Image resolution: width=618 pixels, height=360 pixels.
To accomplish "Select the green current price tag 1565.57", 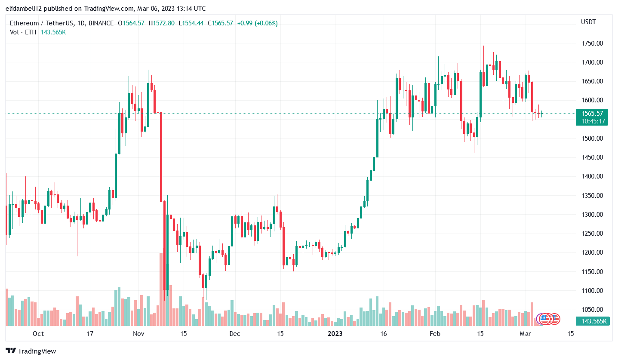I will [x=593, y=114].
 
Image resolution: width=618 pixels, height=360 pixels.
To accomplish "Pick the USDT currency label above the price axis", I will [x=588, y=22].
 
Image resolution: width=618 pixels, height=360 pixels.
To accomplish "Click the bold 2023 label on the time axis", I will [x=335, y=334].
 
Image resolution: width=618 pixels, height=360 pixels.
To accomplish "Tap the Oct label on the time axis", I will [x=38, y=334].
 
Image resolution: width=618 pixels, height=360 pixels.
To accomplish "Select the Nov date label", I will [x=138, y=334].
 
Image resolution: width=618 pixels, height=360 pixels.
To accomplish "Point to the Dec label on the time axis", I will [x=234, y=334].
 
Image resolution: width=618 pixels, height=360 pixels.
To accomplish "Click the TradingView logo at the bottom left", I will [x=31, y=351].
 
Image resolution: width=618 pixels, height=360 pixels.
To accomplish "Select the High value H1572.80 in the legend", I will [x=161, y=23].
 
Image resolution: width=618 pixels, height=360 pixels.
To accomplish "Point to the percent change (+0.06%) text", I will [x=266, y=23].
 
